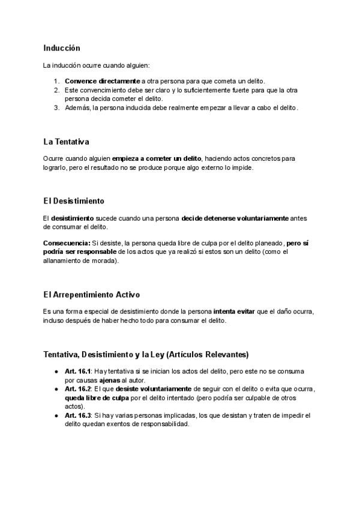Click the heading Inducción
pyautogui.click(x=62, y=47)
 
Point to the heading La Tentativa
pyautogui.click(x=66, y=142)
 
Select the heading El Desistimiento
pyautogui.click(x=74, y=200)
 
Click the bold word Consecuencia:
pyautogui.click(x=67, y=243)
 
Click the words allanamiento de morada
pyautogui.click(x=80, y=261)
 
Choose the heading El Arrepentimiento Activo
pyautogui.click(x=91, y=295)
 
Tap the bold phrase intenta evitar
pyautogui.click(x=233, y=312)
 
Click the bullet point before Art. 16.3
pyautogui.click(x=56, y=415)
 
